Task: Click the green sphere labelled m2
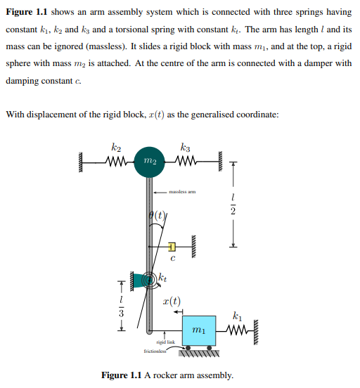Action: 148,161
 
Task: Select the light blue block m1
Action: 199,329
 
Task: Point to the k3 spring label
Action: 185,147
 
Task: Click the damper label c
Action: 172,261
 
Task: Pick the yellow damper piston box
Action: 172,246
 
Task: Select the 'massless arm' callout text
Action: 182,190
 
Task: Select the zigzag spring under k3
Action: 185,161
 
